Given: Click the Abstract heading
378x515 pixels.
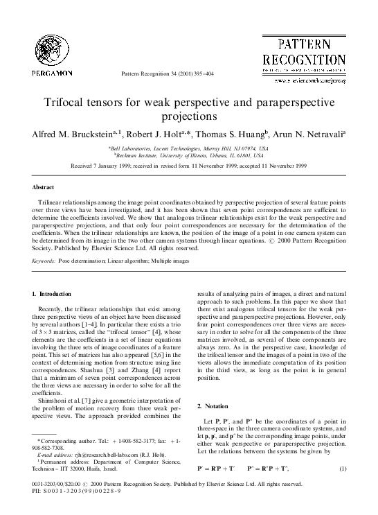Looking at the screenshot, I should click(43, 187).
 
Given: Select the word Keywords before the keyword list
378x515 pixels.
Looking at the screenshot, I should click(46, 261).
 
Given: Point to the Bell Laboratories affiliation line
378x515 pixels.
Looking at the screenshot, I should click(188, 148).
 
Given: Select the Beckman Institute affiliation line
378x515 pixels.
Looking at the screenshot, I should click(188, 155).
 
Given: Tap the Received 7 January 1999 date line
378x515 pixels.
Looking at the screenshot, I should click(188, 166).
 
